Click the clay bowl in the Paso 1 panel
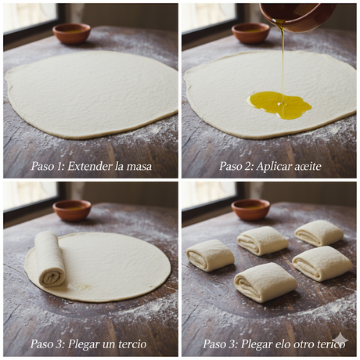tap(71, 33)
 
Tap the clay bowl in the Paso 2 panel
tap(250, 32)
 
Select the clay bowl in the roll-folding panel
tap(72, 210)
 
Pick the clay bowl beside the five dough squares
tap(250, 209)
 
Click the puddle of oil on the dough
tap(279, 104)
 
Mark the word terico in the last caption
tap(328, 344)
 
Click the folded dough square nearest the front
tap(265, 282)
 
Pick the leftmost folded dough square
tap(210, 255)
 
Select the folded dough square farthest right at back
tap(319, 232)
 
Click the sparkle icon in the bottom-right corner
tap(340, 340)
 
